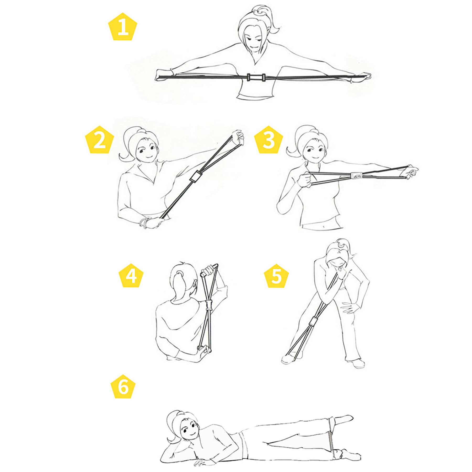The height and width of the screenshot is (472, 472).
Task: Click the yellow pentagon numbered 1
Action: [x=123, y=27]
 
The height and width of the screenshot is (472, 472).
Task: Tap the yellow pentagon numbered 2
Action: [x=99, y=140]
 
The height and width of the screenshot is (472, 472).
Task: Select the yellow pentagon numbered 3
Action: [x=269, y=140]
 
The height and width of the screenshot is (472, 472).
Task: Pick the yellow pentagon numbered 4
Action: [x=131, y=276]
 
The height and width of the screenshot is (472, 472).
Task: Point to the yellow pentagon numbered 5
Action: [x=276, y=276]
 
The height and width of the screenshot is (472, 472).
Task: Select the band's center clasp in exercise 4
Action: [x=209, y=305]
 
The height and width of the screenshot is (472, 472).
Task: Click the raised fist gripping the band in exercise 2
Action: [x=238, y=137]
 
